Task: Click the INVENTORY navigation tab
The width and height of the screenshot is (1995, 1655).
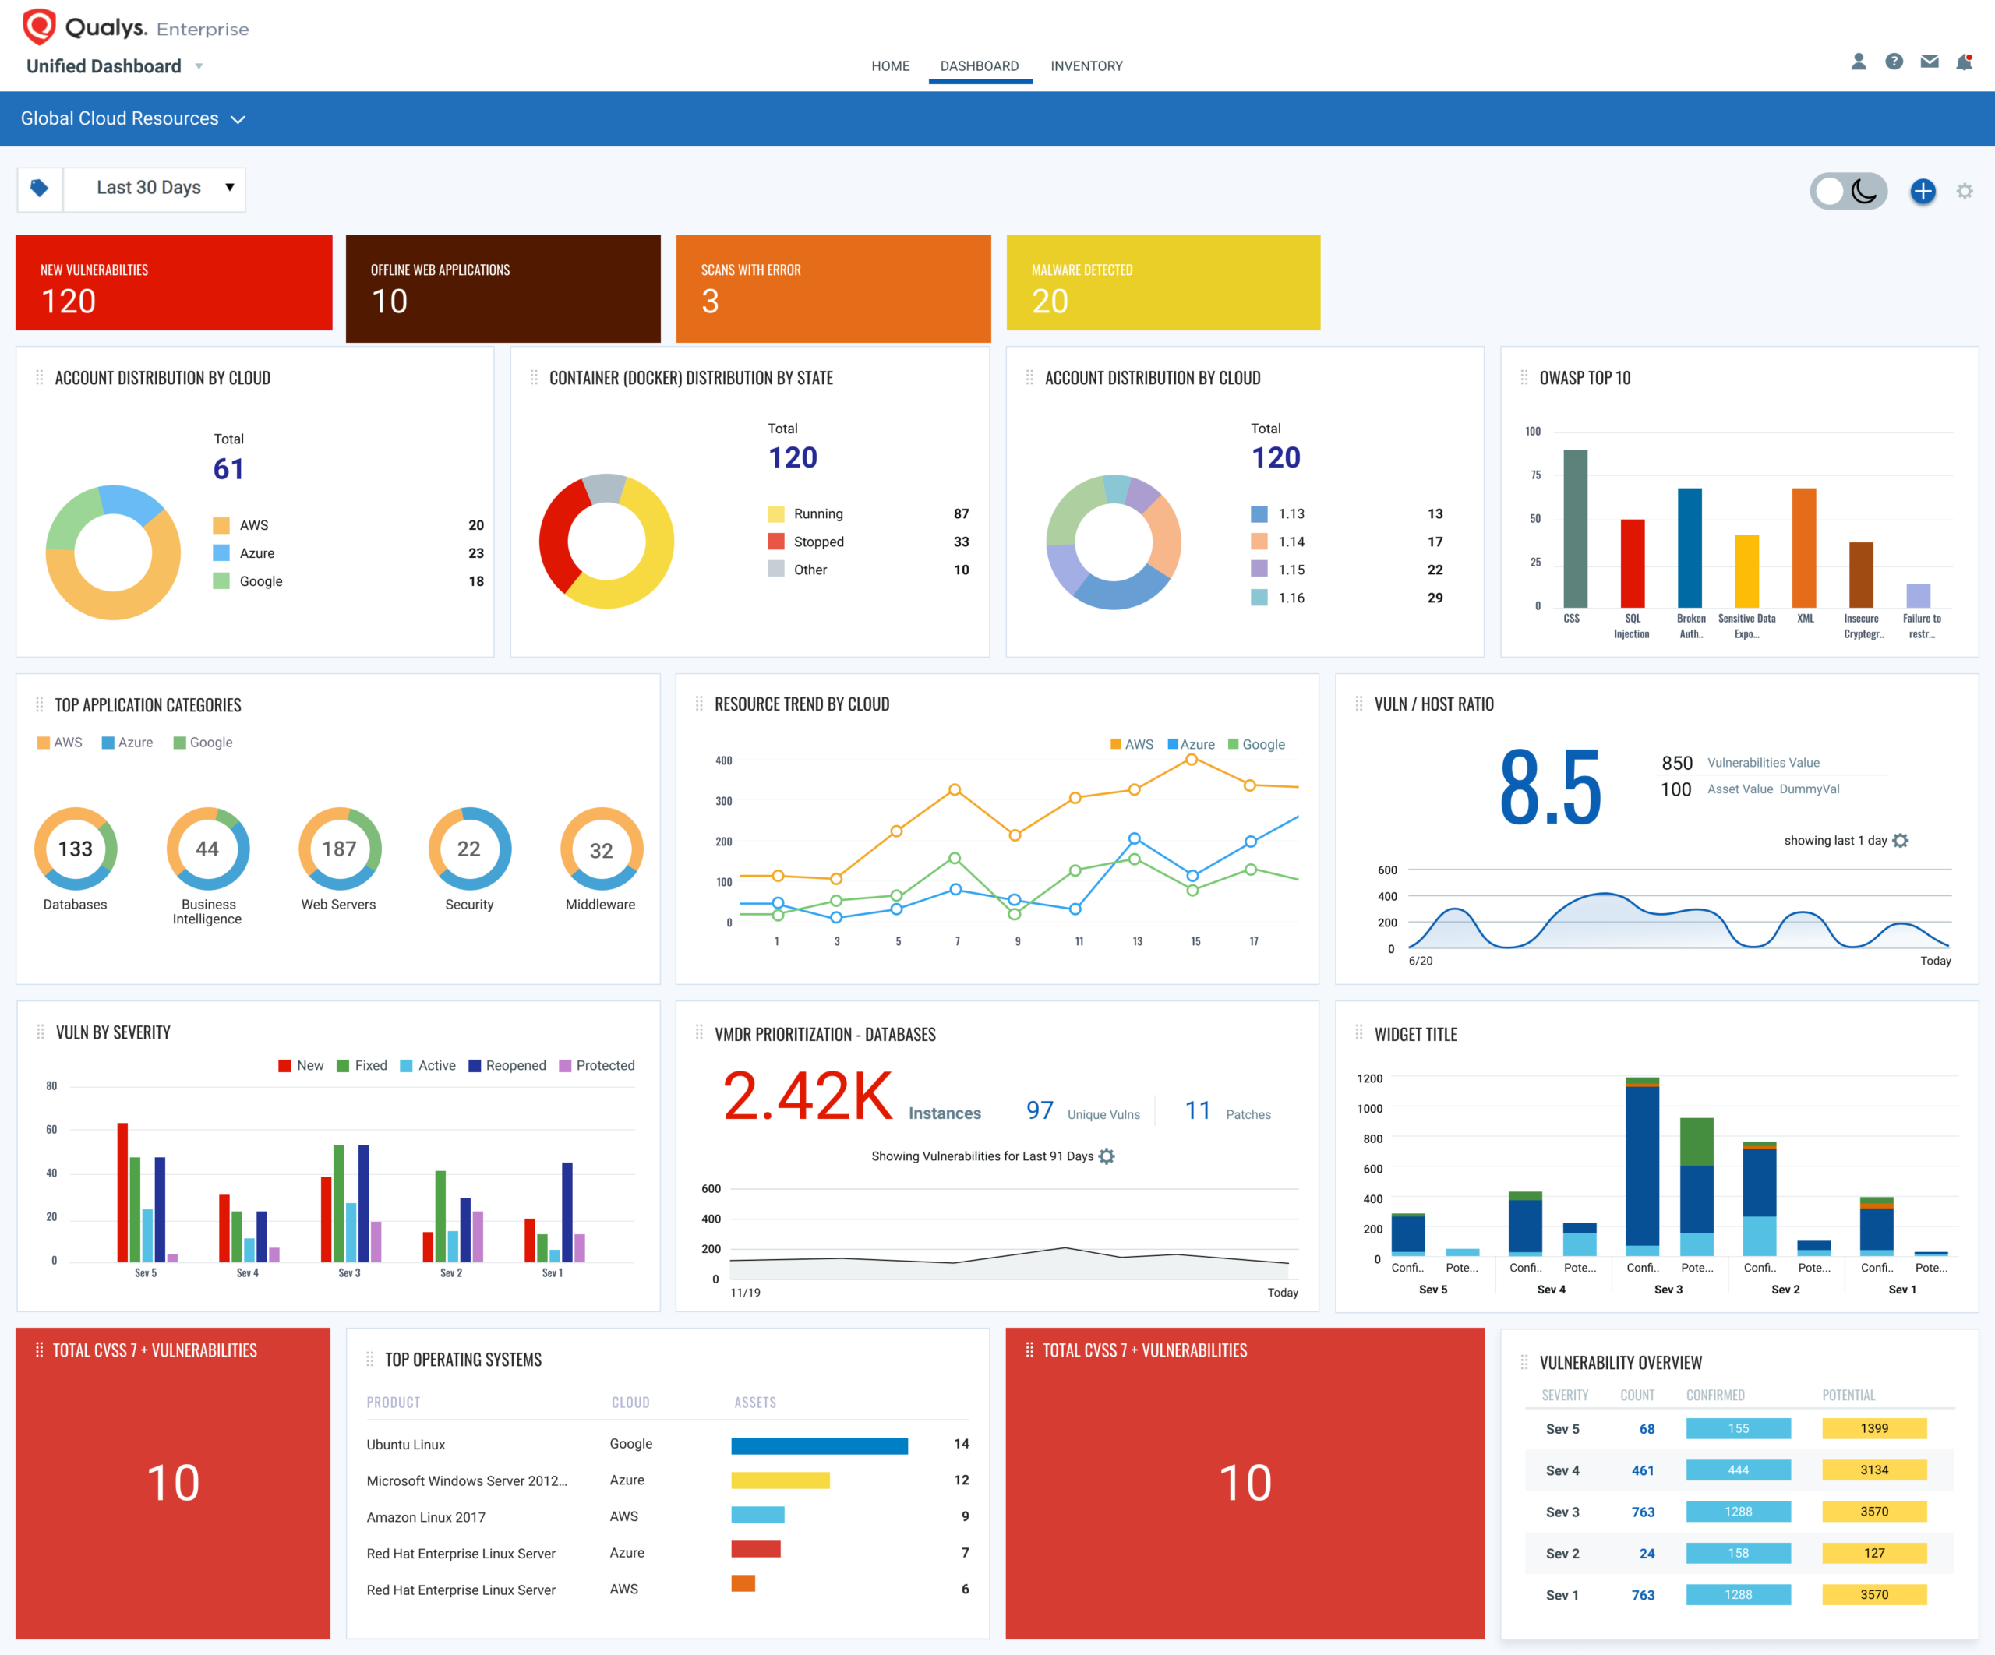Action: (1086, 65)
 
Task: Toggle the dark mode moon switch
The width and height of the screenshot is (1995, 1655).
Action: (1848, 191)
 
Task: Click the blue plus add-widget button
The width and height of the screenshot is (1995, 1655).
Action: (1922, 191)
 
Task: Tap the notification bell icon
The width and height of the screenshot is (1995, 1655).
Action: (1964, 62)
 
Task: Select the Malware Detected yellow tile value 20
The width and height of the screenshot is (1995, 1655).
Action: (1050, 302)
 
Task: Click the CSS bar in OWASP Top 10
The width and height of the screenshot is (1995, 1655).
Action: (1575, 528)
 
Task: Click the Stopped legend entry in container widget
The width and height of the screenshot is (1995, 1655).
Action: (817, 542)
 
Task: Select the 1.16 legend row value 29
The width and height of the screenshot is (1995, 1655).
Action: (1434, 598)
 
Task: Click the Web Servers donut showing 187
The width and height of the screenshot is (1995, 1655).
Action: (339, 849)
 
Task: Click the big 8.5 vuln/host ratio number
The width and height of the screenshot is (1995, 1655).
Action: (1549, 788)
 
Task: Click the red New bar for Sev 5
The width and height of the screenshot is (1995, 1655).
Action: (122, 1192)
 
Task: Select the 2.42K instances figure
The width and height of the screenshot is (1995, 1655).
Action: (807, 1096)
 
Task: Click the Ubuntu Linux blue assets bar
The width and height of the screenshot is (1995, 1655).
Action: (819, 1445)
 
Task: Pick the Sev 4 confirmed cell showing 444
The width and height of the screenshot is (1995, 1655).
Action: (1738, 1470)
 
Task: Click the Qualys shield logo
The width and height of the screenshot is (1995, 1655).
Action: (39, 26)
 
